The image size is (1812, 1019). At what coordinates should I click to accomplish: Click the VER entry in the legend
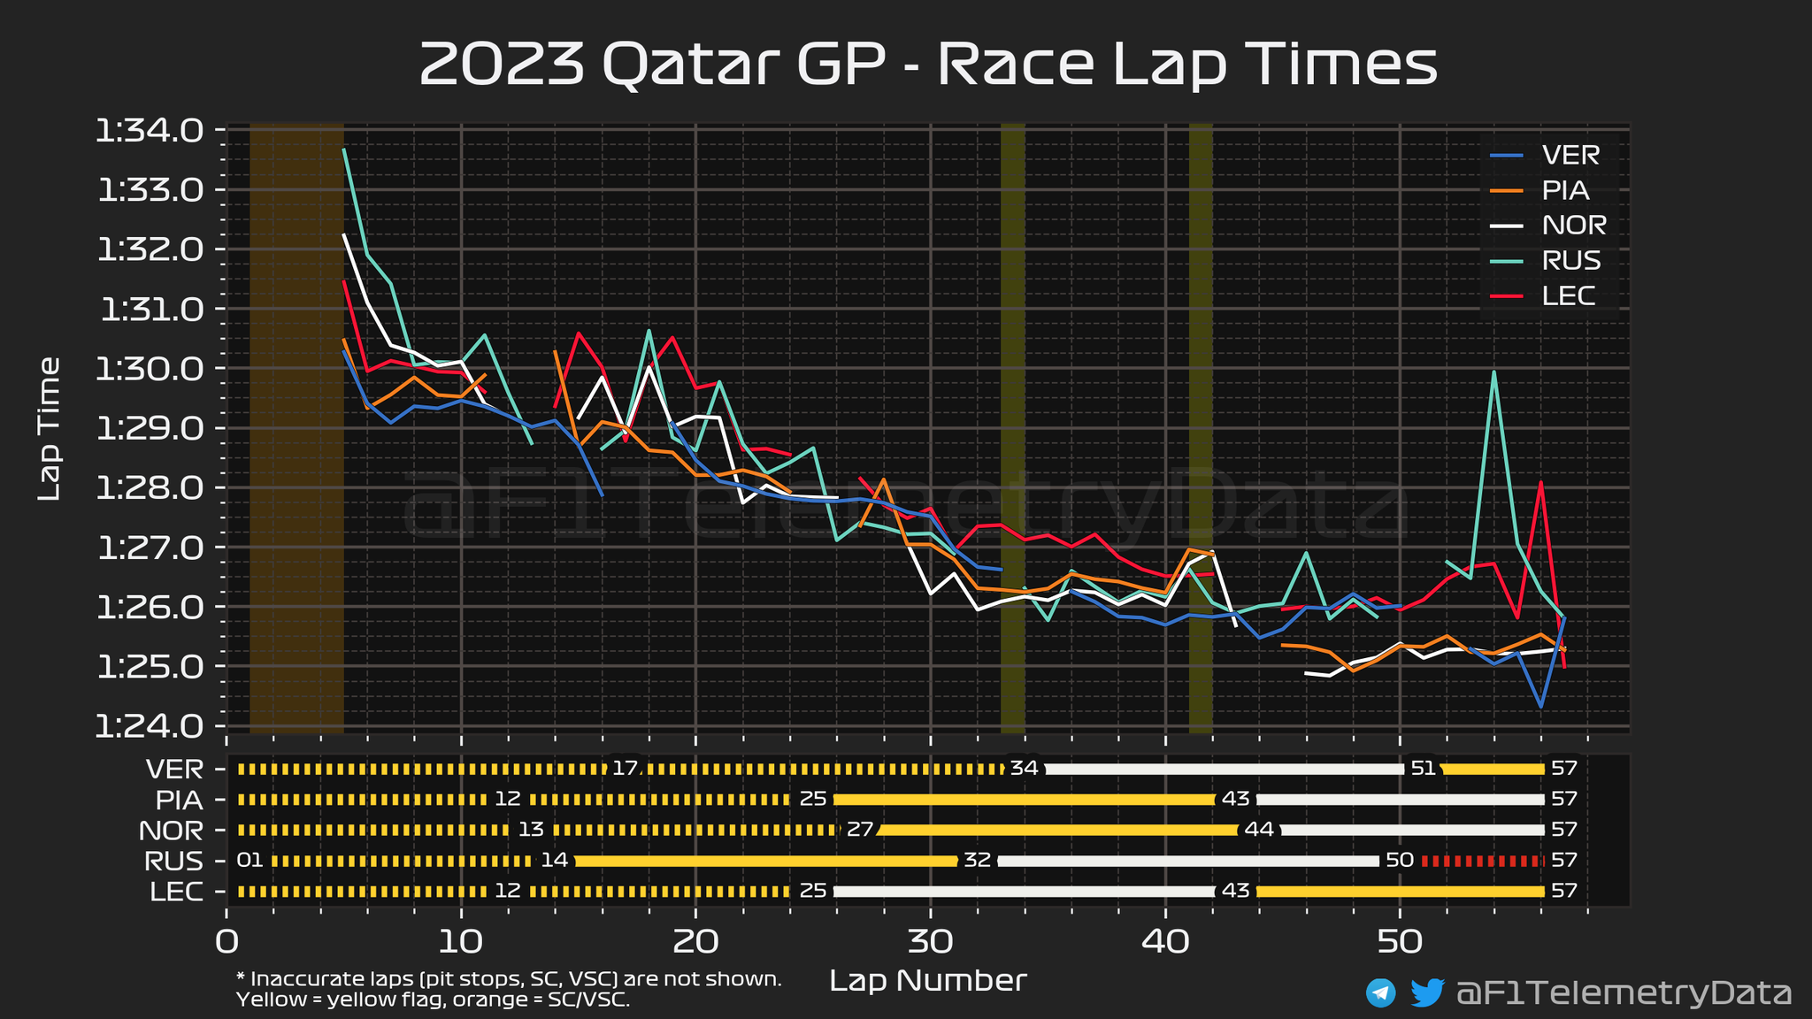[x=1570, y=155]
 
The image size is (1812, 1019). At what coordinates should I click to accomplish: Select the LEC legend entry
[x=1569, y=295]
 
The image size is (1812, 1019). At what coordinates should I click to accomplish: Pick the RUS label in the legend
[x=1571, y=260]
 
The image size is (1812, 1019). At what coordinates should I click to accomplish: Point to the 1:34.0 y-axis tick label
[x=150, y=131]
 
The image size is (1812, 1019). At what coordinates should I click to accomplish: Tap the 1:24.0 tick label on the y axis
[x=150, y=726]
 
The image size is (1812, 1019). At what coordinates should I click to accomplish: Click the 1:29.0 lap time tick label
[x=150, y=429]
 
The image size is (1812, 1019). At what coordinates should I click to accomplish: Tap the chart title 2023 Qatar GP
[x=928, y=64]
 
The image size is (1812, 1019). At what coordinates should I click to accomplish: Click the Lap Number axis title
[x=928, y=980]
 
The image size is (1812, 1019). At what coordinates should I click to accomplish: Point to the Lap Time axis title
[x=50, y=429]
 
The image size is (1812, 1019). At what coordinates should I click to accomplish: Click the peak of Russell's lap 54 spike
[x=1493, y=372]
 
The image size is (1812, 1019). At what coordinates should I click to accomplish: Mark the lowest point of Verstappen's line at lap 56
[x=1540, y=707]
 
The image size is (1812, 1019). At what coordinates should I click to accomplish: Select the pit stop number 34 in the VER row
[x=1024, y=768]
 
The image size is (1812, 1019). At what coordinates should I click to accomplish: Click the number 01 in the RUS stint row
[x=250, y=861]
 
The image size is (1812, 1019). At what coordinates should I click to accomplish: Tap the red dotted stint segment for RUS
[x=1482, y=861]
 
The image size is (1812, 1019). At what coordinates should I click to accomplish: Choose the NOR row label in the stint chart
[x=171, y=831]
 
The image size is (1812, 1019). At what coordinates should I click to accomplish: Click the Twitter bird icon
[x=1426, y=992]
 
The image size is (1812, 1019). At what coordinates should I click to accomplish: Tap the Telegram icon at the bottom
[x=1380, y=992]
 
